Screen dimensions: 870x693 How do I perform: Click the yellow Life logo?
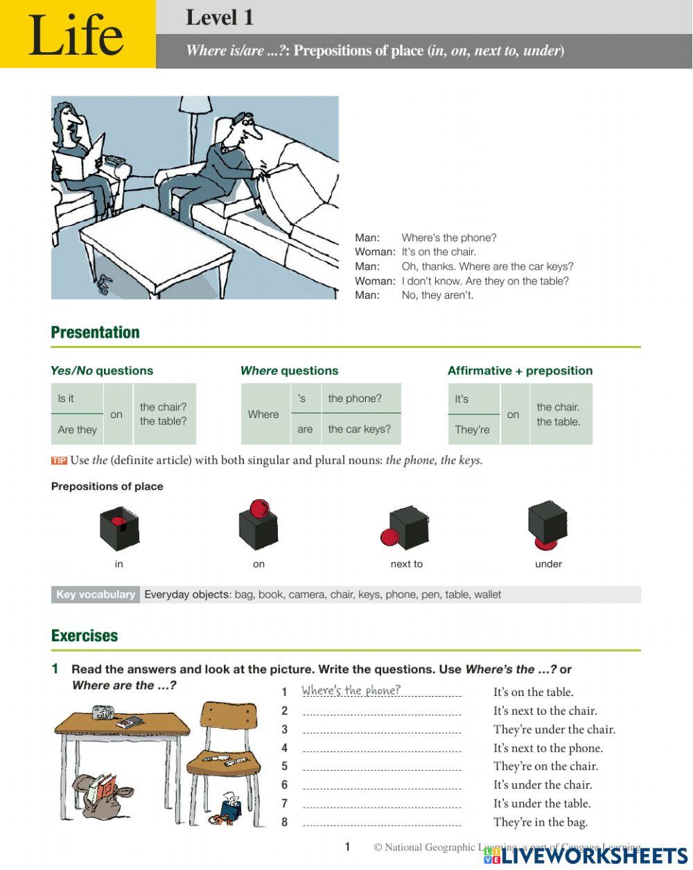(77, 35)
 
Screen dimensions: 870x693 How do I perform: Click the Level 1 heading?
(219, 17)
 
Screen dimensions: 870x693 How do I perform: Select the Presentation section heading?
(95, 332)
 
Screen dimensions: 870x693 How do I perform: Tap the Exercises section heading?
(85, 635)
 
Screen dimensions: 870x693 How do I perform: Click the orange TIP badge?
(59, 460)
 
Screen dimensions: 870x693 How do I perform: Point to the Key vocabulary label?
(96, 594)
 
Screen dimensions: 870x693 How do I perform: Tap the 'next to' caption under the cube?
(406, 564)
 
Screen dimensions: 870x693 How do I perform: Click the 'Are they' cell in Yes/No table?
(78, 430)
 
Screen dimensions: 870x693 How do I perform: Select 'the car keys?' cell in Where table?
(359, 429)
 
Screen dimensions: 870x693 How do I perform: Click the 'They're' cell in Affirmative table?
(472, 430)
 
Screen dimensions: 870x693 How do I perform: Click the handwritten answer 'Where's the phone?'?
(351, 690)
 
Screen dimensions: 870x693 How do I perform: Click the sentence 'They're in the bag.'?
(540, 822)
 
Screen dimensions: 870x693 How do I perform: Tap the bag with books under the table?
(97, 792)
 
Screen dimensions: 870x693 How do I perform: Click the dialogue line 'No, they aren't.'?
(437, 295)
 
